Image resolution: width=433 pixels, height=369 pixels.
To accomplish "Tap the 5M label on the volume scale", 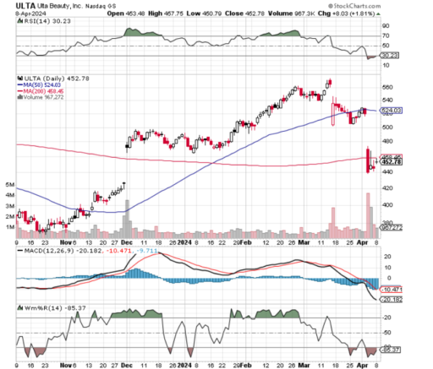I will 9,183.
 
